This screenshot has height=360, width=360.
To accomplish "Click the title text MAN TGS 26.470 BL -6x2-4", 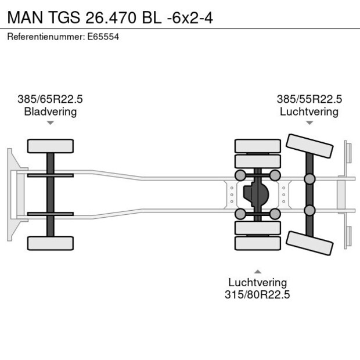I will pos(110,17).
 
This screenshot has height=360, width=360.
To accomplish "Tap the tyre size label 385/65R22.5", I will pos(51,99).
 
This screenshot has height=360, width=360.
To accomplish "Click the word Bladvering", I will pos(51,111).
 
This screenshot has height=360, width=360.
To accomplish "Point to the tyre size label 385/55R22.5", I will pos(309,99).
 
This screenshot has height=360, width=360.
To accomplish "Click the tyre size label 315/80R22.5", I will pos(257,295).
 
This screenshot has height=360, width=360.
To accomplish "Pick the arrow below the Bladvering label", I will pos(51,123).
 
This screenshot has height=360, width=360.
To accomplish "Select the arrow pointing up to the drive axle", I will pos(257,271).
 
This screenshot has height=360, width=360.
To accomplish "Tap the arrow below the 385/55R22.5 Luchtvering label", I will pos(309,123).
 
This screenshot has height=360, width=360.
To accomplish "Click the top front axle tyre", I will pos(51,146).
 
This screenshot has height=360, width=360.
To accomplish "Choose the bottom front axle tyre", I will pos(51,243).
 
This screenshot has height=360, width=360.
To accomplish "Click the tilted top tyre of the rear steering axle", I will pos(310,146).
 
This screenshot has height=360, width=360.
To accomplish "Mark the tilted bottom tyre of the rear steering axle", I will pos(310,243).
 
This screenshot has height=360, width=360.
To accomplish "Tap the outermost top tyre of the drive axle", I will pos(257,145).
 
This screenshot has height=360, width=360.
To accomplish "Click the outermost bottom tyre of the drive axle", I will pos(257,244).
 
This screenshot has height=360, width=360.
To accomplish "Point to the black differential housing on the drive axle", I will pos(257,195).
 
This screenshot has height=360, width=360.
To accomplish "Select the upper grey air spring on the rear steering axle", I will pos(309,178).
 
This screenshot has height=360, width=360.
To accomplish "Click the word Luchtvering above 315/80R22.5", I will pos(257,283).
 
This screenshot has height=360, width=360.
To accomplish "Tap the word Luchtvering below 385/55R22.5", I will pos(309,111).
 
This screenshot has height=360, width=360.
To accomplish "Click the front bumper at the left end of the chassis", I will pos(10,195).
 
